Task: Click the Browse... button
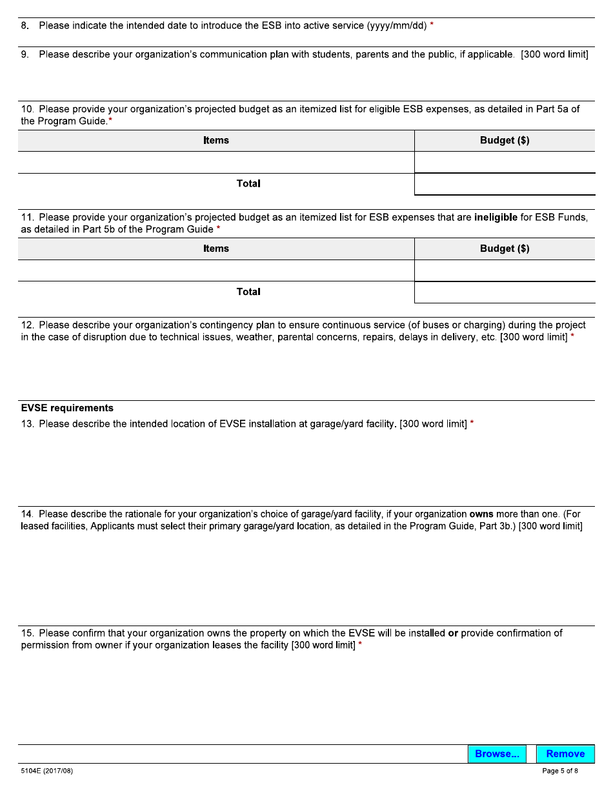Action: pos(497,754)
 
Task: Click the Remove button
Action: pos(565,754)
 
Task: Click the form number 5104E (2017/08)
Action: pos(47,771)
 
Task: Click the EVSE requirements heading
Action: pos(67,408)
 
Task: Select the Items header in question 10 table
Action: pos(216,141)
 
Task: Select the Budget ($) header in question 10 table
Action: pos(505,141)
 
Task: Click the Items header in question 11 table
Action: pos(216,249)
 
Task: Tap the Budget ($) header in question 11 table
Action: pos(505,249)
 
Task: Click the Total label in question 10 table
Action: pos(248,184)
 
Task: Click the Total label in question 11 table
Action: pos(248,292)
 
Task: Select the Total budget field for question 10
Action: pos(505,184)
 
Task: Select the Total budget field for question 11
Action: pos(505,292)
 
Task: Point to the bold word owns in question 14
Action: pos(481,514)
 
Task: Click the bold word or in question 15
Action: pos(453,633)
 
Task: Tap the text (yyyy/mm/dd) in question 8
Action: pos(397,26)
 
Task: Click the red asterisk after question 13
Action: pos(472,423)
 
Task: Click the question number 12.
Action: pos(27,325)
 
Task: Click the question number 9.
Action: pos(25,55)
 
